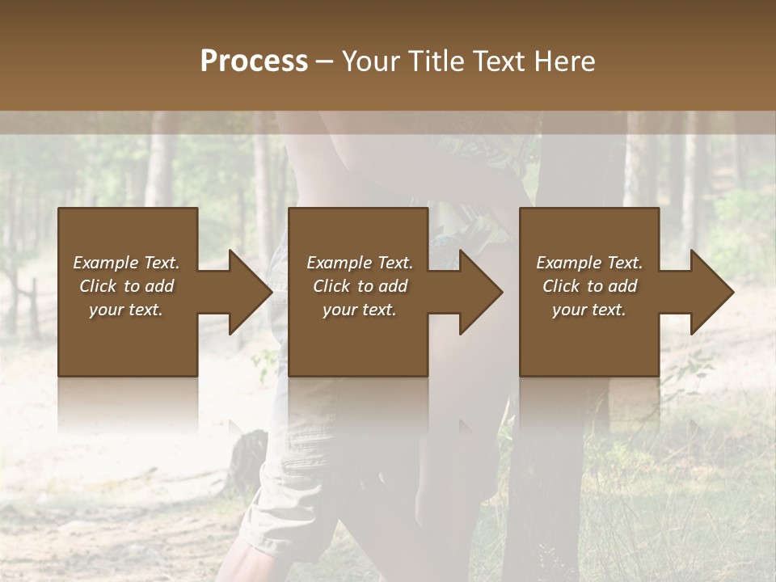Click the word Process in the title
254,61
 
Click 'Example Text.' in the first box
126,263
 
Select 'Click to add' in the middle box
360,286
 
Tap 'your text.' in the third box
588,310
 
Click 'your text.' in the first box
126,310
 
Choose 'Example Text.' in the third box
588,263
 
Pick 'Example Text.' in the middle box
360,263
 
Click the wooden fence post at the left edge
33,307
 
